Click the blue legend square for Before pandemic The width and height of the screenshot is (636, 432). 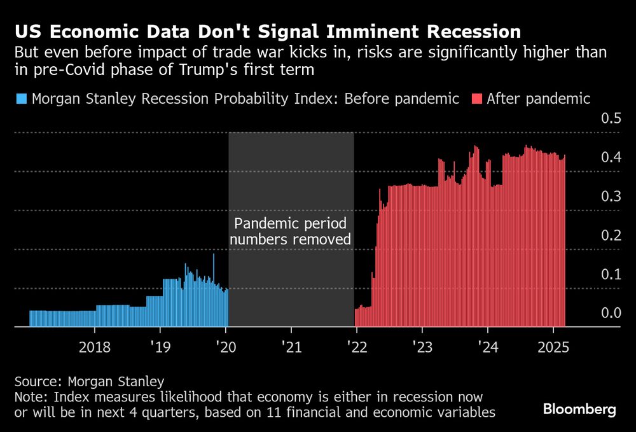21,99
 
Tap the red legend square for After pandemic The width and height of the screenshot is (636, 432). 476,99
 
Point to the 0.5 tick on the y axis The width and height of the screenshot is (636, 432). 611,119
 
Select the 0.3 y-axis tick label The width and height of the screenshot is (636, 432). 611,196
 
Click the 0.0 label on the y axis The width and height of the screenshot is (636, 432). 611,312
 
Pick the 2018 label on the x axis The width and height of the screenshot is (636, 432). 94,348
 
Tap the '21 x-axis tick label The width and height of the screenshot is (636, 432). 291,348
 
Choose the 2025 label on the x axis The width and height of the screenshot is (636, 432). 553,348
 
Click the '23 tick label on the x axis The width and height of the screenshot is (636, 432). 422,348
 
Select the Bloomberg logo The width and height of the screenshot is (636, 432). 579,410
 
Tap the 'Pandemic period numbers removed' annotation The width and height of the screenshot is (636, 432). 291,232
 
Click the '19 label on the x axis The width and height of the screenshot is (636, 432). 160,348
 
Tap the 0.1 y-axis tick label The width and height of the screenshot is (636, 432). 611,274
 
